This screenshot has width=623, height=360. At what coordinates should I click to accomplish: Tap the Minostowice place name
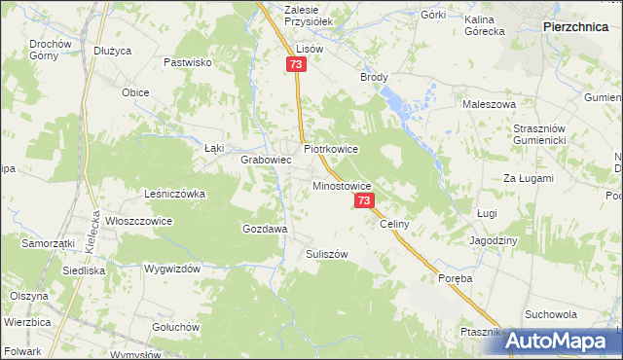[x=342, y=184]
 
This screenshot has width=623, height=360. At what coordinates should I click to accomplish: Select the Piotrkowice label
[x=331, y=150]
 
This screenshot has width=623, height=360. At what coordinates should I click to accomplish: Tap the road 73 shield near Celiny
[x=364, y=200]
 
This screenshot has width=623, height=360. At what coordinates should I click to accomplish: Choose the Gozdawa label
[x=264, y=229]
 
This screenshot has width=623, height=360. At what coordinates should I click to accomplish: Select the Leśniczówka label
[x=174, y=194]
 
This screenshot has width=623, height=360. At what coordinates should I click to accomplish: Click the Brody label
[x=374, y=77]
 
